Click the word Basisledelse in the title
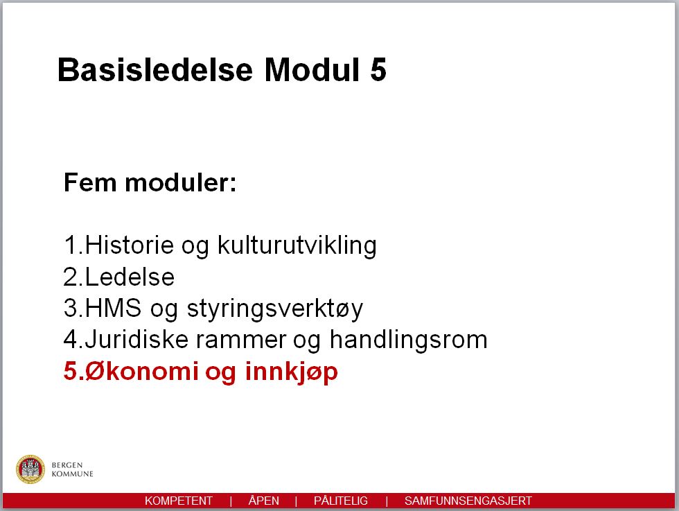point(155,69)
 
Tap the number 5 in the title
point(378,69)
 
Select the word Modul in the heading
point(312,69)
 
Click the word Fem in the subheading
point(89,182)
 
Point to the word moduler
point(181,182)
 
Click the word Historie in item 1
point(130,245)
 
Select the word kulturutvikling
point(297,245)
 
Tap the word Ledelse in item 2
point(130,277)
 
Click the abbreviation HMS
point(113,308)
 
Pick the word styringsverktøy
point(275,309)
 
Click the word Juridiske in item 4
point(137,339)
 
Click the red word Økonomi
point(141,372)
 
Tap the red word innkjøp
point(292,372)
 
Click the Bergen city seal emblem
point(30,469)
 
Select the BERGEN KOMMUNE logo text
point(72,469)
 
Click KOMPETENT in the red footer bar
point(179,501)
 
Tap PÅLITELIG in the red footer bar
point(341,501)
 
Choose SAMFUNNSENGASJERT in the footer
point(468,501)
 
